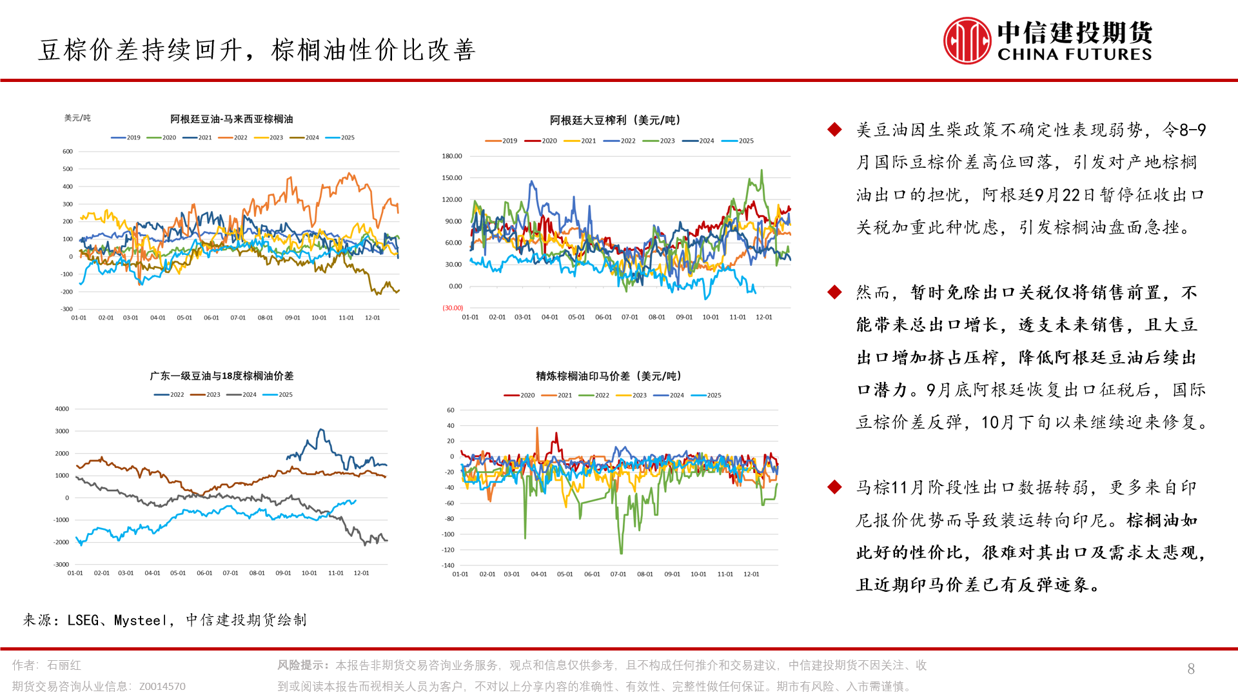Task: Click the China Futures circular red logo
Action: pyautogui.click(x=967, y=41)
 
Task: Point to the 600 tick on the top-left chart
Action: pyautogui.click(x=68, y=152)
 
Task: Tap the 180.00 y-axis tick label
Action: pyautogui.click(x=452, y=156)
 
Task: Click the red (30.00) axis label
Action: pyautogui.click(x=453, y=308)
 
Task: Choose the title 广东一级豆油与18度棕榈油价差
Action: pyautogui.click(x=221, y=376)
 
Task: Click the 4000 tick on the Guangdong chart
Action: pyautogui.click(x=62, y=409)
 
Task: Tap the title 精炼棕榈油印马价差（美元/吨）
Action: pyautogui.click(x=609, y=376)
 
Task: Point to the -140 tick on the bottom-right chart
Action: pyautogui.click(x=448, y=565)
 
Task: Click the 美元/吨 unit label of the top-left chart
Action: pyautogui.click(x=77, y=118)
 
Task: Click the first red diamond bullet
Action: pyautogui.click(x=834, y=130)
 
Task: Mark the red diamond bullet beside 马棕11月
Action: pyautogui.click(x=834, y=487)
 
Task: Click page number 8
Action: pyautogui.click(x=1191, y=669)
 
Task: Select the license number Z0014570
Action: pyautogui.click(x=162, y=686)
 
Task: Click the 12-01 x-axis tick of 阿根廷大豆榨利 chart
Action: pyautogui.click(x=764, y=317)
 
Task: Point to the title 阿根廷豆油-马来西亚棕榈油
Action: pyautogui.click(x=231, y=119)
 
